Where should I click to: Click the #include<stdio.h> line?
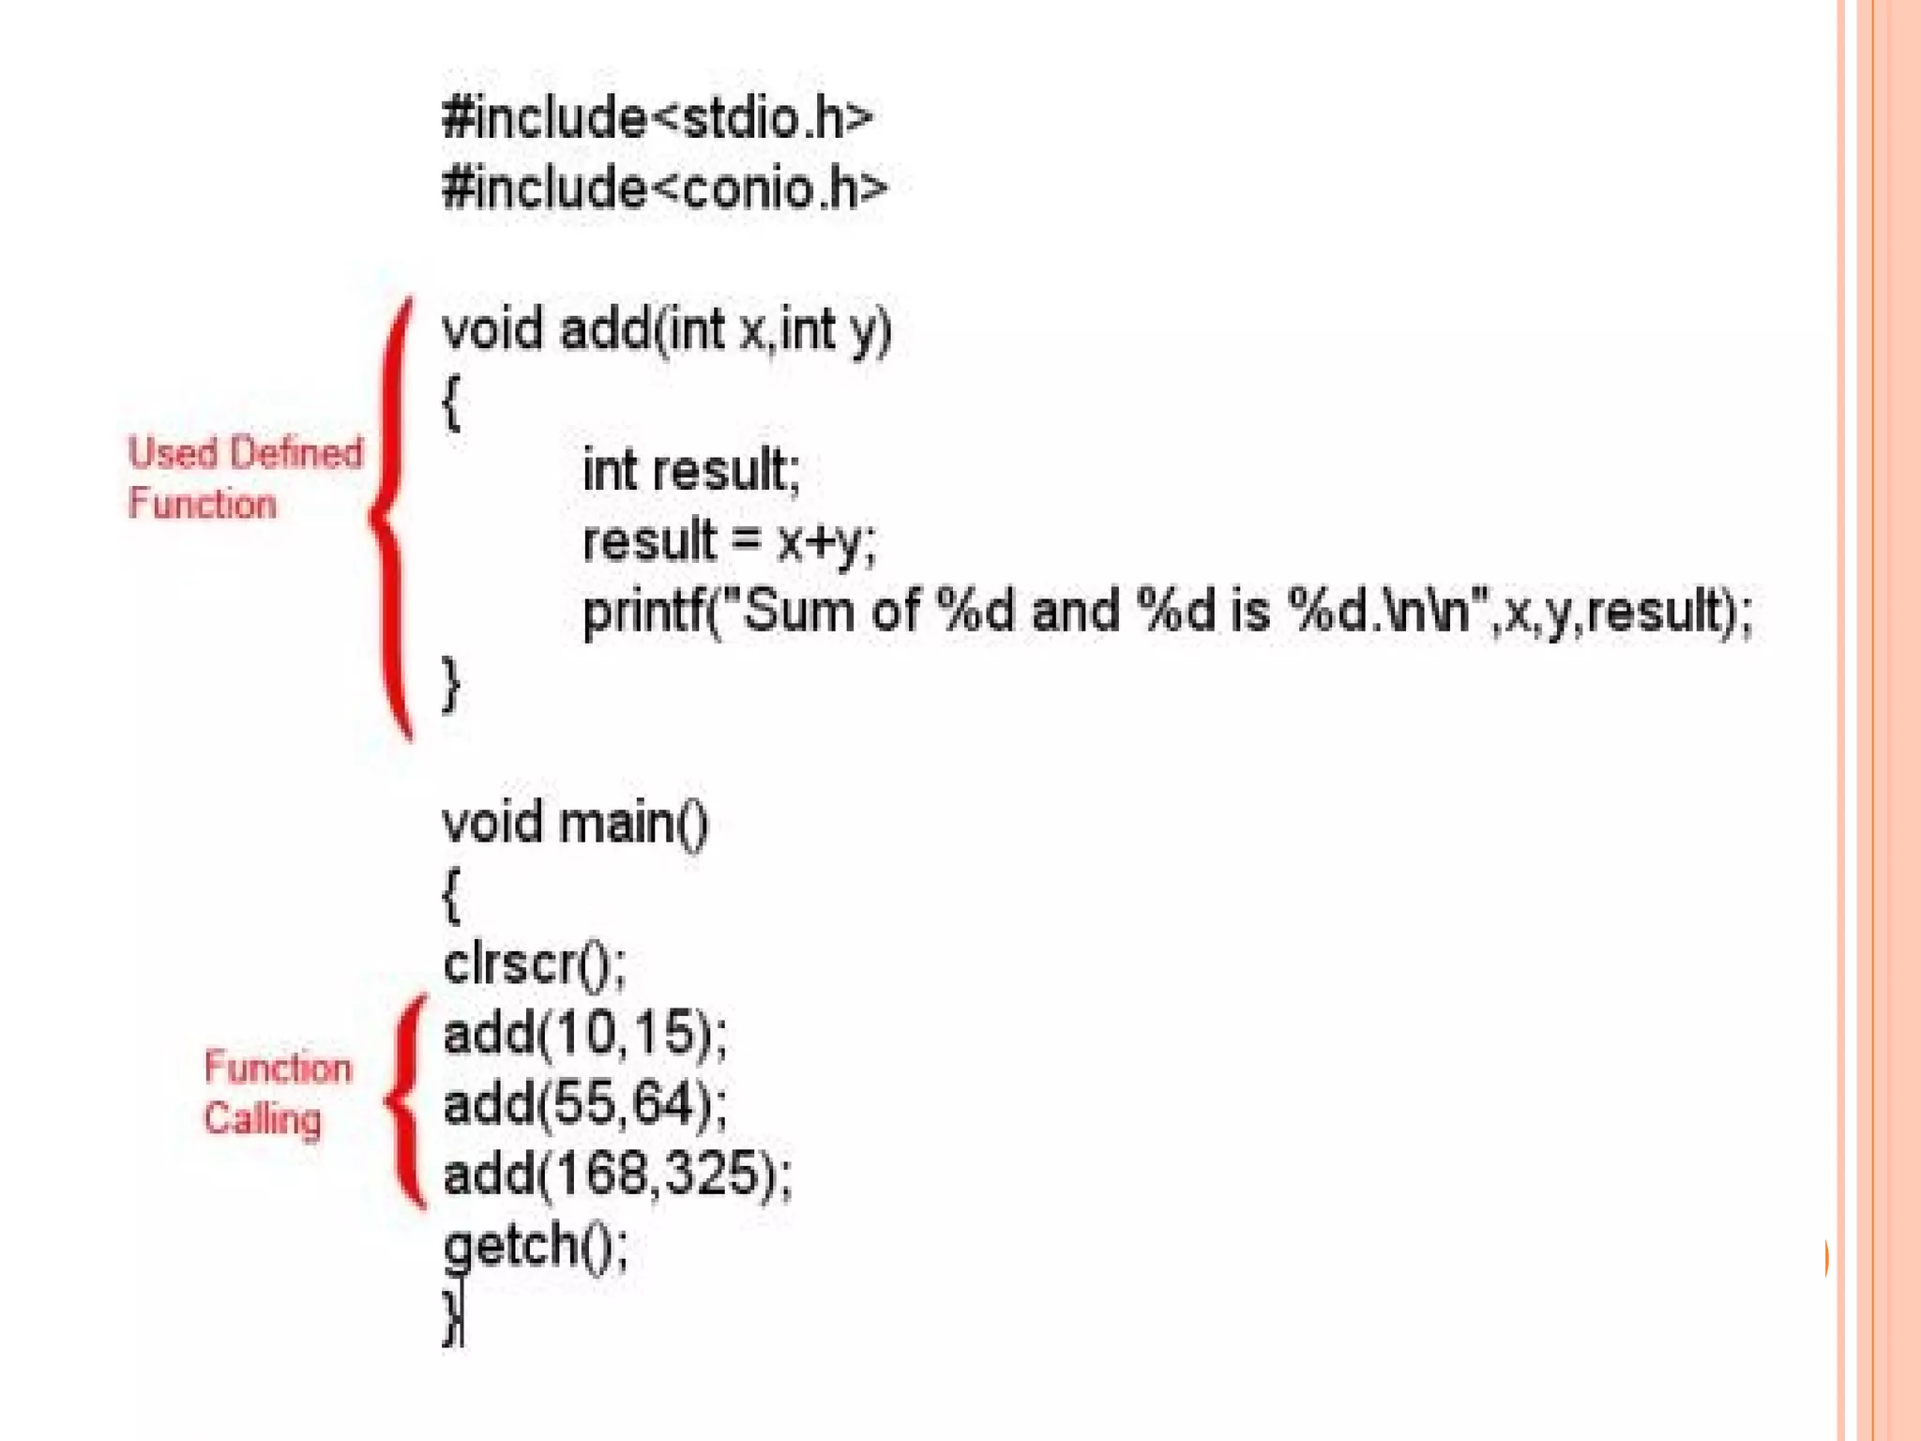(657, 119)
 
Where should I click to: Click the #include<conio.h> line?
(664, 189)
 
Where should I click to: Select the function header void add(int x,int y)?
(666, 330)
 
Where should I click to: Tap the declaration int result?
(691, 470)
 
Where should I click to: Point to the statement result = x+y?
(729, 541)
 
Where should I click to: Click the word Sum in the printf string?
(798, 611)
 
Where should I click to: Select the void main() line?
(575, 824)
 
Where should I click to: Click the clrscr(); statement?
(534, 964)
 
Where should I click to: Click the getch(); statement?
(536, 1246)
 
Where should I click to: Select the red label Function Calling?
(277, 1094)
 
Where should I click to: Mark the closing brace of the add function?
(451, 684)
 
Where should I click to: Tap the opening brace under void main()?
(451, 895)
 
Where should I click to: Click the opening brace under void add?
(451, 402)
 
